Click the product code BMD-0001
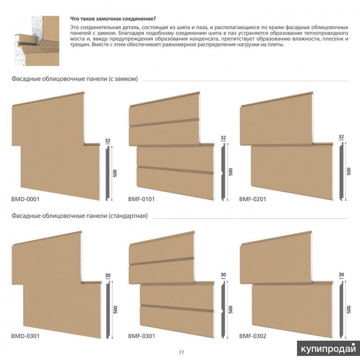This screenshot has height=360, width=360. (x=25, y=199)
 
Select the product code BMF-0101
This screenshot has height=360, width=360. (x=141, y=199)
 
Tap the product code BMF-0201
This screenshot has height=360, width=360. (x=252, y=199)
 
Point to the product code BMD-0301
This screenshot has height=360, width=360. (x=25, y=336)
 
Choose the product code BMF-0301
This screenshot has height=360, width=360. (x=142, y=336)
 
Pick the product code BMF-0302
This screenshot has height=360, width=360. (x=253, y=336)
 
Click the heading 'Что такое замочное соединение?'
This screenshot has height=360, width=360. (x=113, y=18)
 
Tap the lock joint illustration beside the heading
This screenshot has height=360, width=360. (x=37, y=40)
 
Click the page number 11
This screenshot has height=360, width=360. (x=181, y=352)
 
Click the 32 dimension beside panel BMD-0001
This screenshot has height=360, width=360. (x=108, y=140)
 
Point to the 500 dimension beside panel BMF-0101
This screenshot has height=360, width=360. (x=230, y=172)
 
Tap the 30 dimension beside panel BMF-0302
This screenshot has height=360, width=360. (x=341, y=274)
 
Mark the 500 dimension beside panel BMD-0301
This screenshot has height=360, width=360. (x=115, y=310)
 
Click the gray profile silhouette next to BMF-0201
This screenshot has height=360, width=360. (x=342, y=171)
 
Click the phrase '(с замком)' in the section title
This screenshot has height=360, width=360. (x=123, y=79)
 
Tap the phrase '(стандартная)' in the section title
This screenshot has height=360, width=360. (x=128, y=216)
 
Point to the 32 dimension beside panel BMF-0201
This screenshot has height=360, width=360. (x=341, y=137)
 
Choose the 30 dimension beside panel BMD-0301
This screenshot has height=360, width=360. (x=108, y=275)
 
